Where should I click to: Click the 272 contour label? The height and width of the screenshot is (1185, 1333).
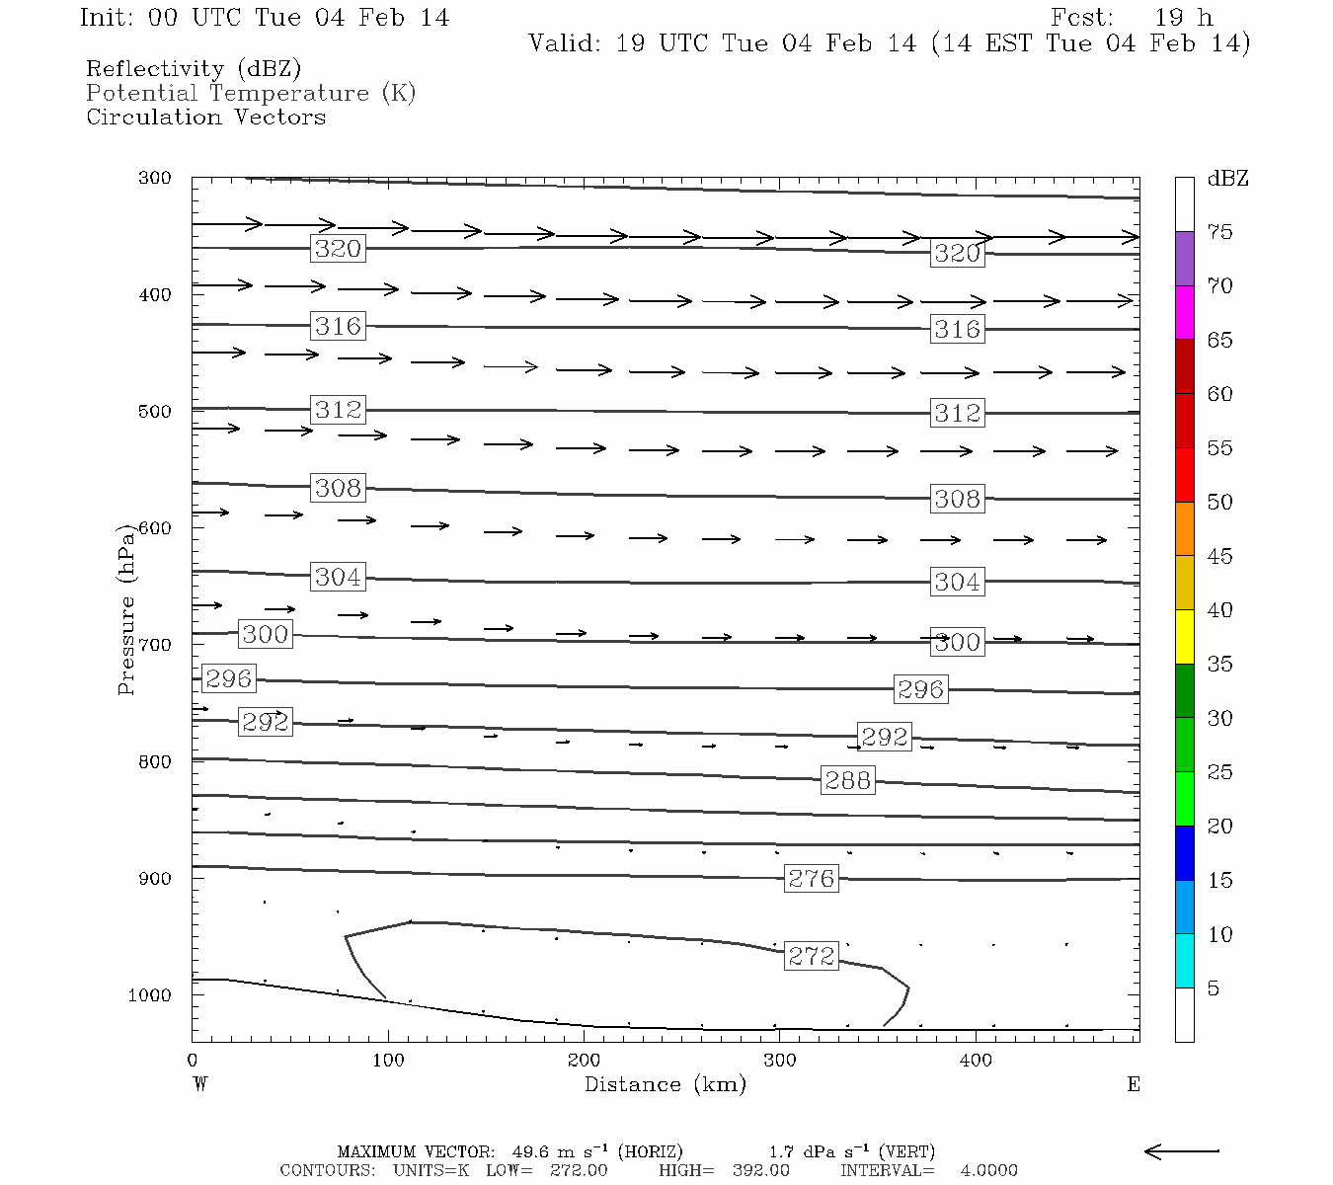[811, 956]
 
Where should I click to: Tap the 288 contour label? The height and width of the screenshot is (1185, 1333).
[847, 780]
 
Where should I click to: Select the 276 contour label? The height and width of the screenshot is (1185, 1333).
[811, 878]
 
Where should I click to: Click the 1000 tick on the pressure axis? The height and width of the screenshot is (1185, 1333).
[149, 995]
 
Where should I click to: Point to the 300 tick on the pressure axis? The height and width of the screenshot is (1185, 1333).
[155, 179]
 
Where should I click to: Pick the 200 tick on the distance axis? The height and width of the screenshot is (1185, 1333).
[584, 1061]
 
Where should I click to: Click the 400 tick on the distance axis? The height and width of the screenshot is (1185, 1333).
[976, 1061]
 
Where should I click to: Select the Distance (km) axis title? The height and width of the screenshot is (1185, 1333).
[665, 1084]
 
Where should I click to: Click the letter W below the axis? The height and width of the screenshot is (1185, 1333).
[200, 1084]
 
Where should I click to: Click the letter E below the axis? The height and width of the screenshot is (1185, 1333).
[1133, 1084]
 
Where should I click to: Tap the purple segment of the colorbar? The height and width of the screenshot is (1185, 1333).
[1184, 259]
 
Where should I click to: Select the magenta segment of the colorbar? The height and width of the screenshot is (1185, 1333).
[1184, 312]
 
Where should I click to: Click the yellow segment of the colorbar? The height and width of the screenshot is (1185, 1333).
[1184, 637]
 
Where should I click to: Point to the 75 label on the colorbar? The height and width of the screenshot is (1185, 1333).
[1219, 232]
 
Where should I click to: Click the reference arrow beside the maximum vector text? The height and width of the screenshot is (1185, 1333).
[1181, 1150]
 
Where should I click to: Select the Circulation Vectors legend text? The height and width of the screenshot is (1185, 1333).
[205, 117]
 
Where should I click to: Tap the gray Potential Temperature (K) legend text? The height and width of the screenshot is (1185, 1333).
[251, 93]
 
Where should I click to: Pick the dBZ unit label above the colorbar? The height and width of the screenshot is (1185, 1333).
[1227, 179]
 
